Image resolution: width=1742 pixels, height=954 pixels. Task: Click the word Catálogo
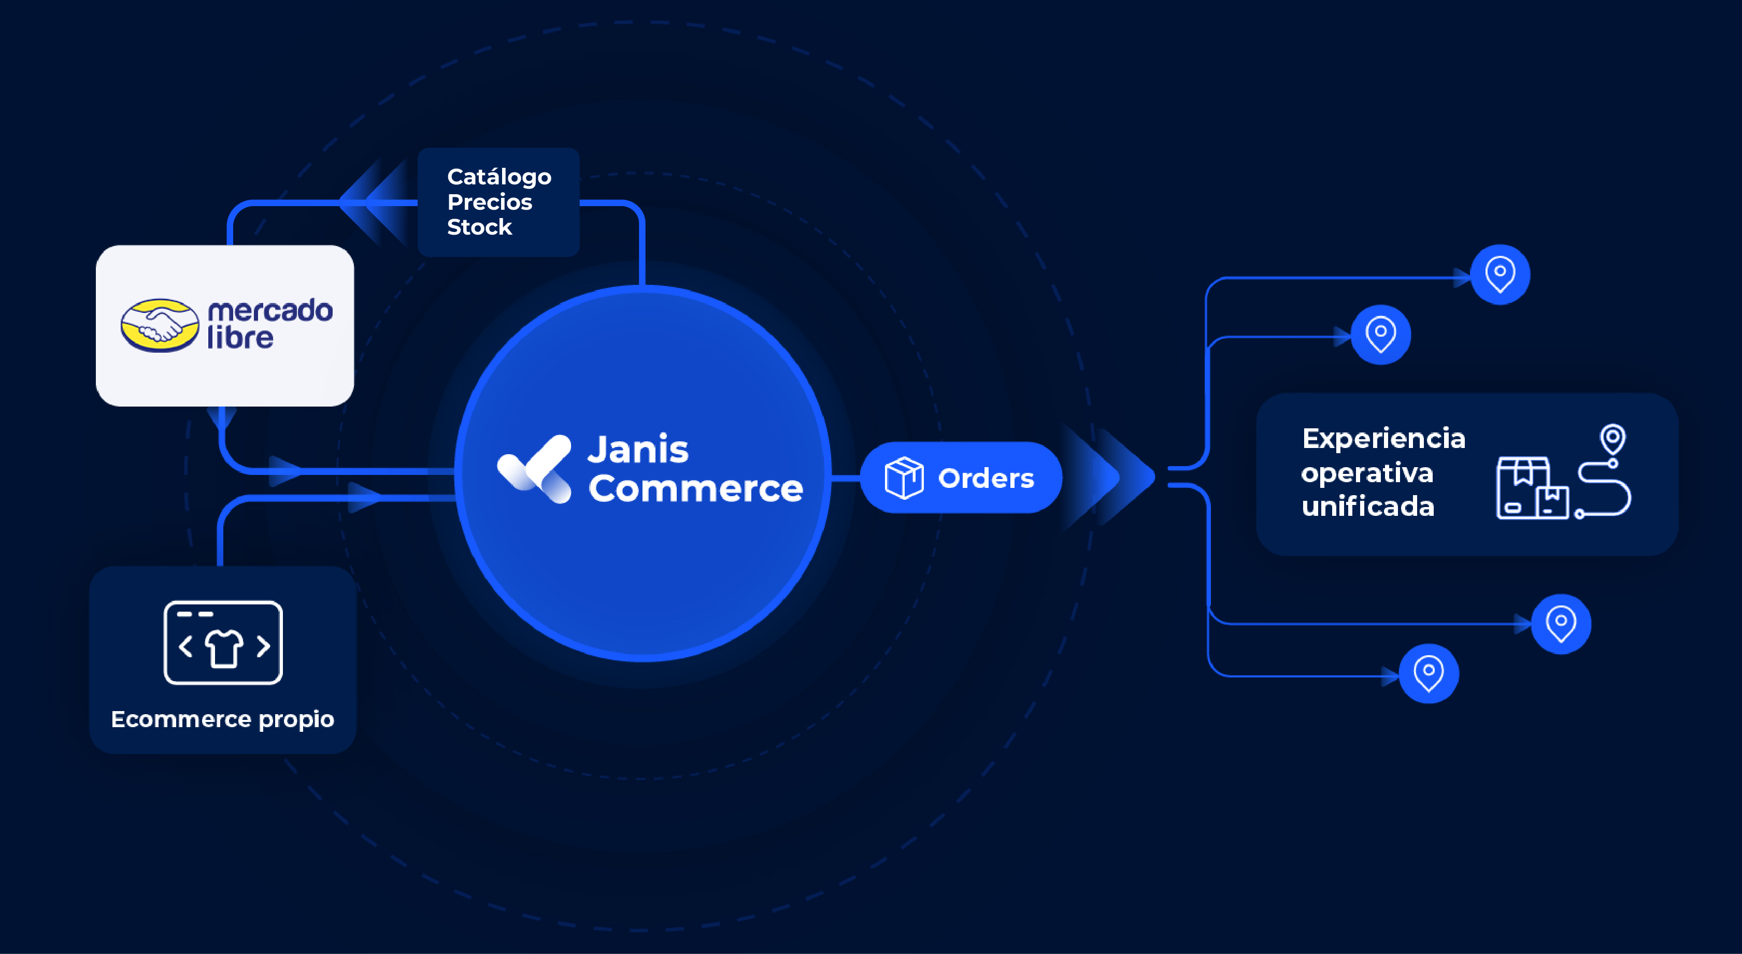499,177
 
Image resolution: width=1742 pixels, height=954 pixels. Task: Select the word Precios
490,202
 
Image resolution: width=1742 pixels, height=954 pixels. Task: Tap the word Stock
479,227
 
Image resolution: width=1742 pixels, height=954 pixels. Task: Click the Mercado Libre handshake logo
160,325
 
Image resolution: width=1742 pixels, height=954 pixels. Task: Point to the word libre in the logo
240,337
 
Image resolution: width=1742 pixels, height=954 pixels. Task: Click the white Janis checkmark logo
535,469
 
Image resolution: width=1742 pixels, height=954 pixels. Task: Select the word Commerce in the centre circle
695,488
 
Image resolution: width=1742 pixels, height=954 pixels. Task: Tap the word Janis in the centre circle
638,450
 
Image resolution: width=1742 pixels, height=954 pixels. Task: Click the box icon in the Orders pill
904,478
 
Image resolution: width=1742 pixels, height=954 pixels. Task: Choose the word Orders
986,479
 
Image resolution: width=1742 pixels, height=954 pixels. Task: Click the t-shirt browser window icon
223,642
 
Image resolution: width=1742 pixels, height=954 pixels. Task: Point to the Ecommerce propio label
222,719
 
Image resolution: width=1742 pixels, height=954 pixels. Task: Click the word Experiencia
1383,438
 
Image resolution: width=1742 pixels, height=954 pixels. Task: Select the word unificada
1367,507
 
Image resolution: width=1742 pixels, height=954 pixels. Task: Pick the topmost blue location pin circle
1500,274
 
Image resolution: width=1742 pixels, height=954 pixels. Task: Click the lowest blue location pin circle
1428,673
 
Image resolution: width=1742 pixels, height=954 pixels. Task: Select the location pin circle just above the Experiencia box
1380,335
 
